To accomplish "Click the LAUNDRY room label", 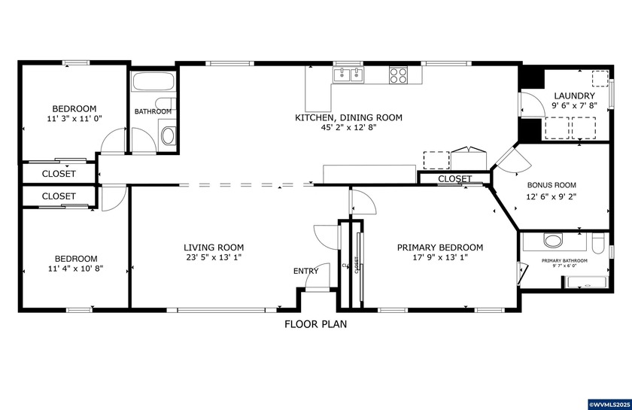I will pos(574,96).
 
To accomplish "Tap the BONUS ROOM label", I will pos(551,184).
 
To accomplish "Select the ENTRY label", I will pos(305,271).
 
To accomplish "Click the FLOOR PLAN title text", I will pos(315,325).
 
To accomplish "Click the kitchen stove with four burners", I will pos(398,74).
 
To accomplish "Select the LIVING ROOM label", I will pos(214,248).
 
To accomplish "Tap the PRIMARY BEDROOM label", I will pos(440,248).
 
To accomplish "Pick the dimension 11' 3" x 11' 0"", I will pos(74,119).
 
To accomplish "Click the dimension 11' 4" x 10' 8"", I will pos(74,269).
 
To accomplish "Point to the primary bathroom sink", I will pos(553,241).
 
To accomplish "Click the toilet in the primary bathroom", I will pos(598,243).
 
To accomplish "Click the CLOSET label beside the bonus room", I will pos(454,179).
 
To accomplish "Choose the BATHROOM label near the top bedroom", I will pos(153,111).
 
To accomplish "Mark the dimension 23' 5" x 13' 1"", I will pos(214,258).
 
